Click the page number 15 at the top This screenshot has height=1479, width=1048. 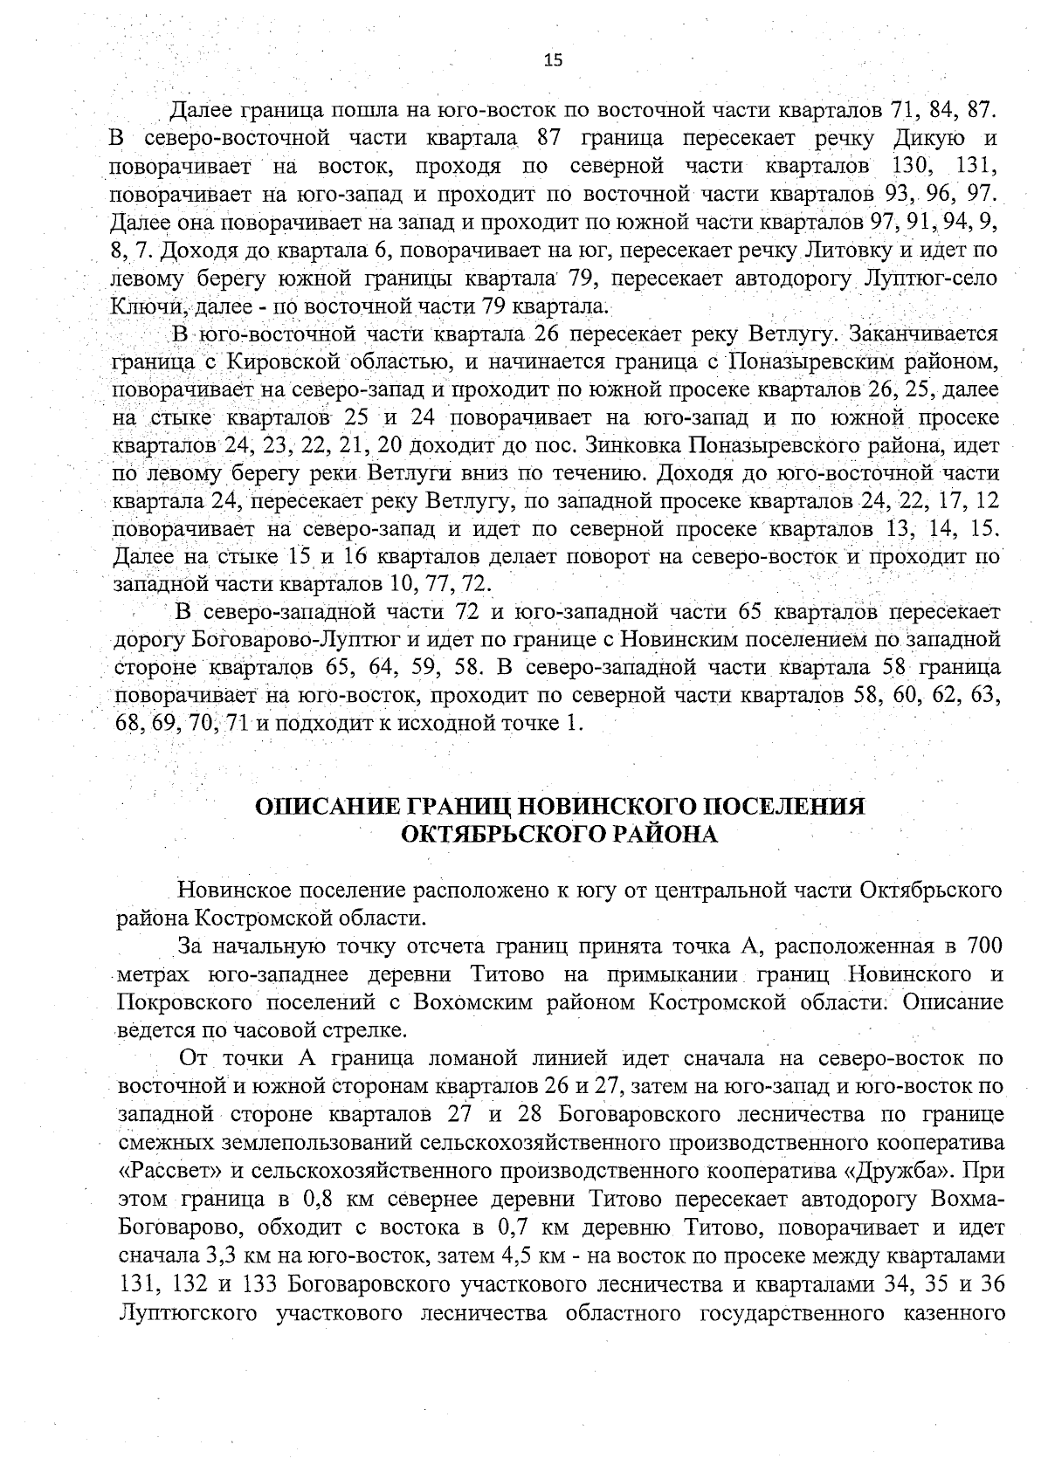tap(553, 60)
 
